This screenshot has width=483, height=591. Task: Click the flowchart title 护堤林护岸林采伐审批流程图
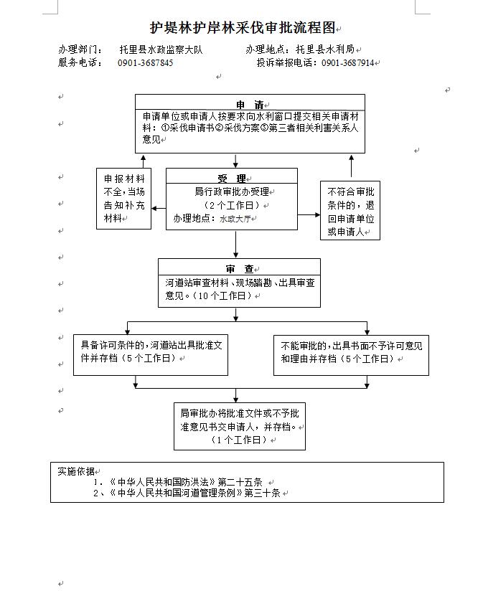pos(243,27)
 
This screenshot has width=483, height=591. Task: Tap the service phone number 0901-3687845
pos(146,62)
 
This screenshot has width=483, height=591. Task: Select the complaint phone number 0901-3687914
pos(348,62)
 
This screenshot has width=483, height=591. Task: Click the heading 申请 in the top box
pos(250,105)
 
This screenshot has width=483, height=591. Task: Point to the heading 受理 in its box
pos(232,179)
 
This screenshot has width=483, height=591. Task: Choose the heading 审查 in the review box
pos(240,269)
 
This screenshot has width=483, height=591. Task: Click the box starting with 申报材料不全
pos(123,199)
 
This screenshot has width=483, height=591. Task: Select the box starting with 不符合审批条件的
pos(350,210)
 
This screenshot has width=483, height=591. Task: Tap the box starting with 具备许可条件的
pos(151,355)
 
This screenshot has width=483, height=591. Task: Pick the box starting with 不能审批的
pos(351,355)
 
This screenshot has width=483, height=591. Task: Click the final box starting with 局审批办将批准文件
pos(240,426)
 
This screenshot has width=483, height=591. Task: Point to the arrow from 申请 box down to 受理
pos(235,161)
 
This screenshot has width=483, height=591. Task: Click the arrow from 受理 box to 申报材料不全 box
pos(159,209)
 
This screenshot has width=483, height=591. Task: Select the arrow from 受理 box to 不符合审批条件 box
pos(309,215)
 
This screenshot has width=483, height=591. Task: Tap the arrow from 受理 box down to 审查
pos(235,245)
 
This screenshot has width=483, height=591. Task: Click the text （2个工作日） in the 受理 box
pos(232,205)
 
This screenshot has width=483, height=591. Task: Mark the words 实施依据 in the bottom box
pos(76,471)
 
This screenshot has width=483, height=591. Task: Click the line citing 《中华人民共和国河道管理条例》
pos(187,493)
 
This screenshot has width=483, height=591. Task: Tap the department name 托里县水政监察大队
pos(161,49)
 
